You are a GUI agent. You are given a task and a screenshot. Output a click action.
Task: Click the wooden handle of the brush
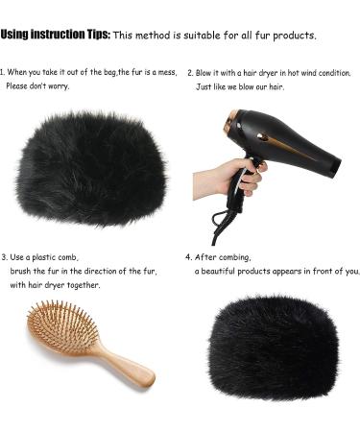(125, 363)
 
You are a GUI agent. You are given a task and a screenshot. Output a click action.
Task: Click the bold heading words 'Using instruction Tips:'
(55, 35)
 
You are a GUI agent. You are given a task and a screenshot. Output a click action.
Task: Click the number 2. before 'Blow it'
(190, 72)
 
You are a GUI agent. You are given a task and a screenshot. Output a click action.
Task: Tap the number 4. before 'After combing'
(188, 257)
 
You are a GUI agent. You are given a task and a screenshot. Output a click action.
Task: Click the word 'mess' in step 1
(166, 72)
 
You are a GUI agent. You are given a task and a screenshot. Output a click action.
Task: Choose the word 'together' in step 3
(82, 285)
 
